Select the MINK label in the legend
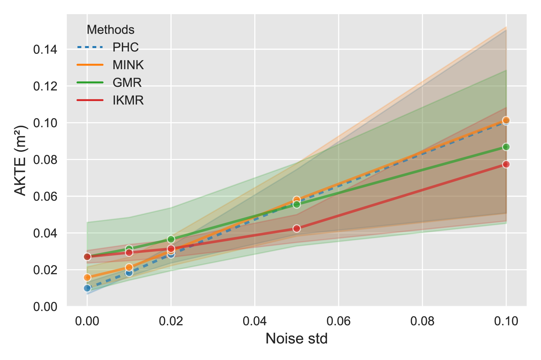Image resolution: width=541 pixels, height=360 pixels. (128, 65)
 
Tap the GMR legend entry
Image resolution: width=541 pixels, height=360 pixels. (127, 82)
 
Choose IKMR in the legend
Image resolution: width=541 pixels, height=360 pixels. (128, 100)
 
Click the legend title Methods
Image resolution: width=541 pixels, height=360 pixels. (110, 30)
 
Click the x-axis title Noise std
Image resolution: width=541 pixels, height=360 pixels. (296, 339)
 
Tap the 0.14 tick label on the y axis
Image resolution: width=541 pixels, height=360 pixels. (45, 49)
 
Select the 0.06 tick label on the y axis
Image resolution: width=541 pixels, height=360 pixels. (45, 196)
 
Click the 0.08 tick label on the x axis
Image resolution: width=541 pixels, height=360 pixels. (422, 321)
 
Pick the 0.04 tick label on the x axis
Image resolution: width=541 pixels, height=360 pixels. (255, 321)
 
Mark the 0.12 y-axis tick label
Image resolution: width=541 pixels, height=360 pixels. (45, 86)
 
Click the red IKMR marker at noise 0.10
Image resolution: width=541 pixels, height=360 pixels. (506, 164)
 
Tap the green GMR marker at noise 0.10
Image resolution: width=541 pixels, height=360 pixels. (506, 147)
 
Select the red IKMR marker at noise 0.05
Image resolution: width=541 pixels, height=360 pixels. (297, 229)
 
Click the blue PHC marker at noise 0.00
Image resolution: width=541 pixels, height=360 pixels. (87, 288)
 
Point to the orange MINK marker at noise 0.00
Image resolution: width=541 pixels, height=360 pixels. (87, 277)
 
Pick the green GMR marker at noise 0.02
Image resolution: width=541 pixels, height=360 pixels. (171, 239)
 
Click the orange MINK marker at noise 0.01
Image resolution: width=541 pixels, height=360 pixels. (129, 267)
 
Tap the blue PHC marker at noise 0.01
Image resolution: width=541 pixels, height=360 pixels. (129, 273)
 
